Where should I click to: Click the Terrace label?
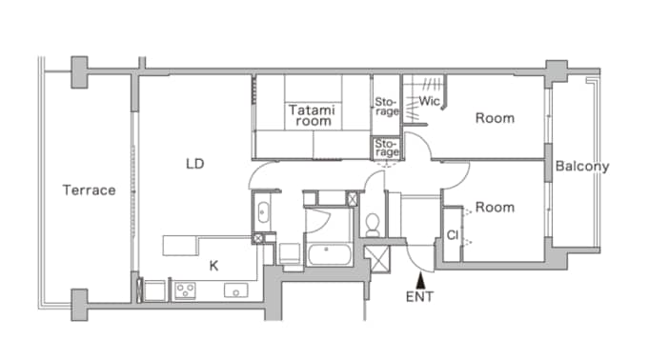89,190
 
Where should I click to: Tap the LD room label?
195,164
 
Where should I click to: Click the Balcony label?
582,166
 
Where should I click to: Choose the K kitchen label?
213,266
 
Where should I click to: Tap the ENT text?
419,296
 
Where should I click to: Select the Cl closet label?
451,234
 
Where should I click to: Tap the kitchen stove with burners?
184,290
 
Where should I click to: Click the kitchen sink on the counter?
235,290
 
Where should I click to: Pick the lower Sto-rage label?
386,148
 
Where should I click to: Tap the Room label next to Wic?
495,118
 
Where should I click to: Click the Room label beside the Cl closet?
495,207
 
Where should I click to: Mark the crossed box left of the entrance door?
378,259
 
